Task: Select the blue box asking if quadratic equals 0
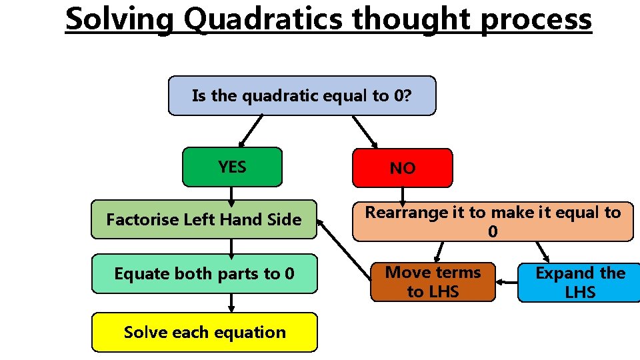pyautogui.click(x=302, y=95)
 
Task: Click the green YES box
pyautogui.click(x=232, y=167)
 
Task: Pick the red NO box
pyautogui.click(x=402, y=168)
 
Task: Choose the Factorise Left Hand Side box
pyautogui.click(x=204, y=219)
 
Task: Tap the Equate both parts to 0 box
pyautogui.click(x=204, y=273)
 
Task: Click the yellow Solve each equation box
pyautogui.click(x=204, y=332)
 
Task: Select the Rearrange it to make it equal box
pyautogui.click(x=493, y=221)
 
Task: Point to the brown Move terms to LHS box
pyautogui.click(x=434, y=281)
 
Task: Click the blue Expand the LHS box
pyautogui.click(x=579, y=282)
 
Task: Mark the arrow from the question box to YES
pyautogui.click(x=251, y=131)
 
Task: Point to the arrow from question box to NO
pyautogui.click(x=365, y=132)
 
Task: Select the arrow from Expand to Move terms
pyautogui.click(x=507, y=282)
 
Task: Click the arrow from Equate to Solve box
pyautogui.click(x=231, y=303)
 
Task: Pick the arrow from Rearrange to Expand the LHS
pyautogui.click(x=542, y=251)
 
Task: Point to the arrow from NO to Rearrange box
pyautogui.click(x=401, y=194)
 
